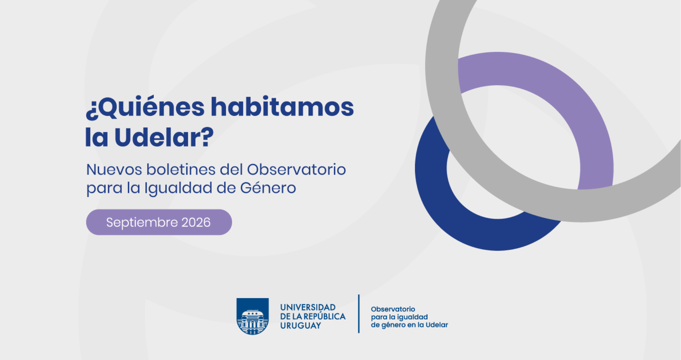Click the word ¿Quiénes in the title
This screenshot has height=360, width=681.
145,107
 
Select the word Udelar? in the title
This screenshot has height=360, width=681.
164,137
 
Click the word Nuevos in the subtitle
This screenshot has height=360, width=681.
114,170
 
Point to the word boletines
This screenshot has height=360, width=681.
181,169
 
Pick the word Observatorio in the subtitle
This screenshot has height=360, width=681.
296,169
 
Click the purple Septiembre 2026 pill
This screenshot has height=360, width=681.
159,222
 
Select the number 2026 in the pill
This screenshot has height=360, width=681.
196,222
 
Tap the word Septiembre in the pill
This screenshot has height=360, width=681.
142,223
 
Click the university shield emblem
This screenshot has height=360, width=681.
253,316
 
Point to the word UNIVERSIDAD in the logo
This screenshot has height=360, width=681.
308,307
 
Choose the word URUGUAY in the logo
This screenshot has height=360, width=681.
301,326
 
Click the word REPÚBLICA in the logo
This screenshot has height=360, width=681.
324,316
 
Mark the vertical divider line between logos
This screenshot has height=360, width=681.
359,314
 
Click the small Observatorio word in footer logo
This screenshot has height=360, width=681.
393,309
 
